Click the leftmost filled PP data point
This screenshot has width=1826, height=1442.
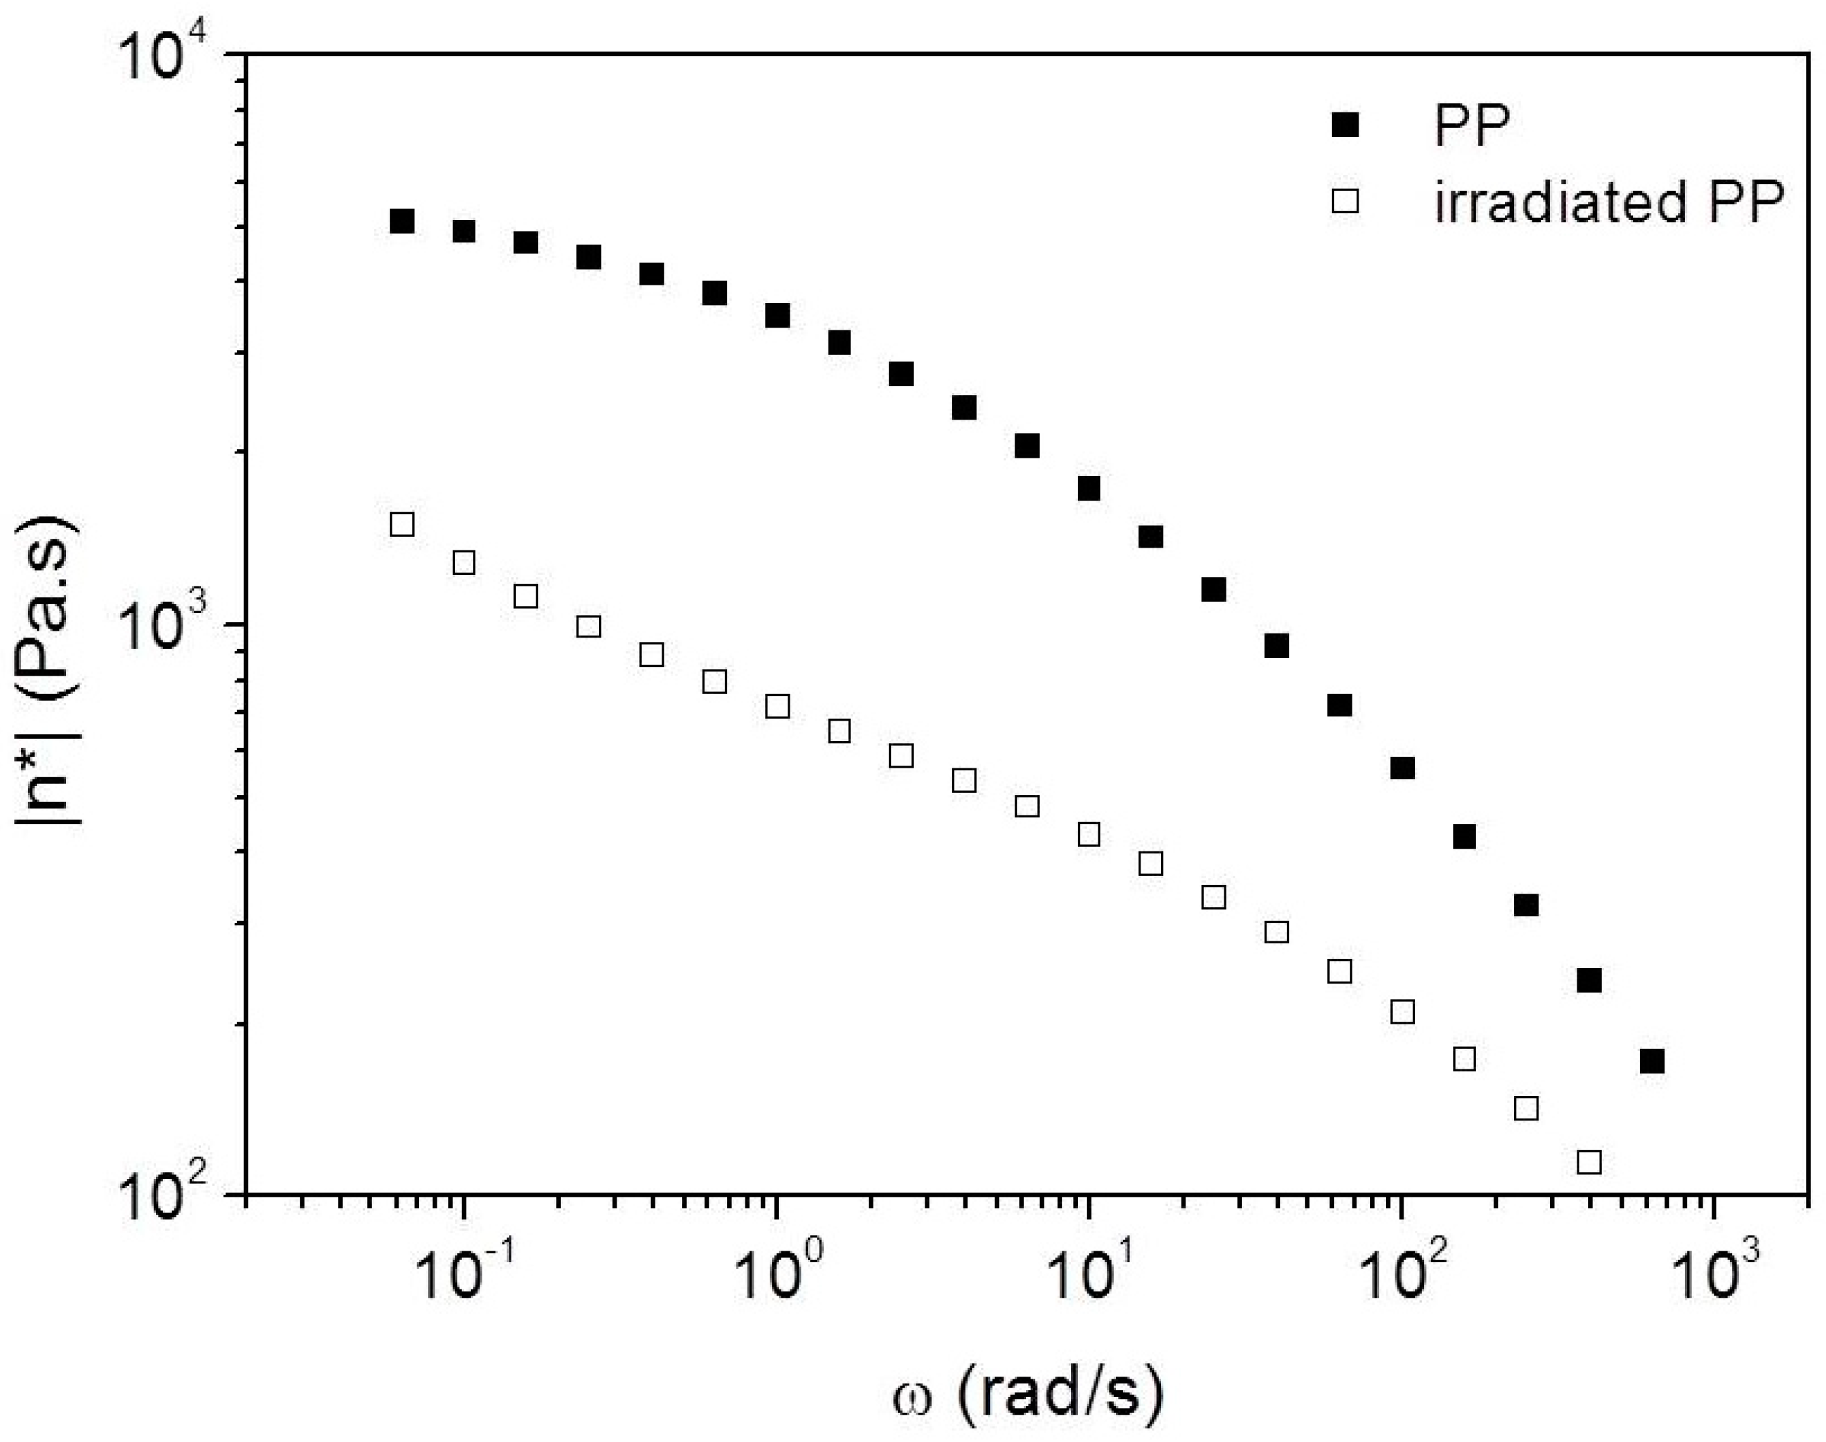pos(402,221)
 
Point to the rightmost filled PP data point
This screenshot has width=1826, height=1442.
pos(1652,1061)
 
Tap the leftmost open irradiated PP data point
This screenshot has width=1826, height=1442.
pos(402,524)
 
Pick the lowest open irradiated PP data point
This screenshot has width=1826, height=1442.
pos(1590,1161)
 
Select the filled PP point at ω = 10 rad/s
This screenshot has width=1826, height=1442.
pos(1089,488)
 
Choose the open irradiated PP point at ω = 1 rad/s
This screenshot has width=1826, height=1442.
pos(777,706)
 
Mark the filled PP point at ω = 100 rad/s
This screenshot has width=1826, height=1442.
pos(1402,768)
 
